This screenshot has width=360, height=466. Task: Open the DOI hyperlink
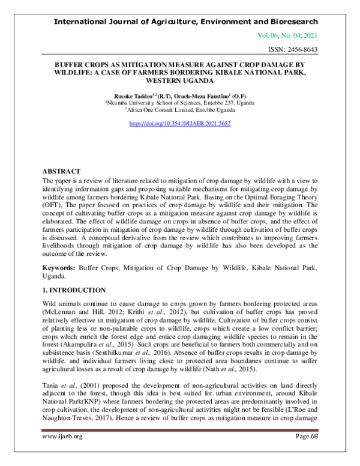pos(180,124)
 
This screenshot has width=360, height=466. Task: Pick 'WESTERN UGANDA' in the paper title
pos(180,80)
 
